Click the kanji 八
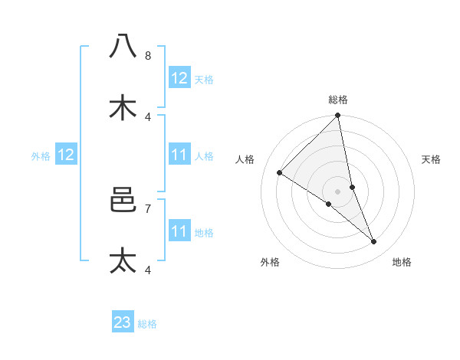pyautogui.click(x=123, y=46)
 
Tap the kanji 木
pyautogui.click(x=123, y=107)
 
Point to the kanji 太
pyautogui.click(x=123, y=260)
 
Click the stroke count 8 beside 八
pyautogui.click(x=148, y=55)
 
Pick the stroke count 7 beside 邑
pyautogui.click(x=148, y=208)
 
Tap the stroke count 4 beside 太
pyautogui.click(x=148, y=270)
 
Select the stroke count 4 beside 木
pyautogui.click(x=148, y=116)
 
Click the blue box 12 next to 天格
pyautogui.click(x=179, y=78)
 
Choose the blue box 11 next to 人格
pyautogui.click(x=179, y=155)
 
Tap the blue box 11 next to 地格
pyautogui.click(x=179, y=231)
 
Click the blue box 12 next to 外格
pyautogui.click(x=66, y=155)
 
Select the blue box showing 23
pyautogui.click(x=123, y=323)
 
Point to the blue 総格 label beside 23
pyautogui.click(x=147, y=324)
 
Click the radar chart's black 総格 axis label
pyautogui.click(x=338, y=100)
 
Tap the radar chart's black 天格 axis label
pyautogui.click(x=432, y=159)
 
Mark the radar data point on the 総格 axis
pyautogui.click(x=338, y=116)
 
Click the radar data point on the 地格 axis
pyautogui.click(x=374, y=242)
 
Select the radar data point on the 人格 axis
pyautogui.click(x=280, y=173)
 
